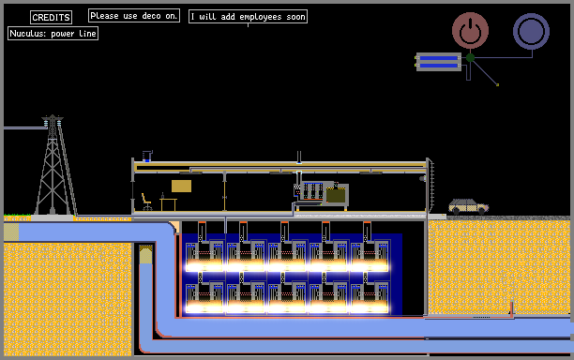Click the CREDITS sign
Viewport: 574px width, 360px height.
[51, 17]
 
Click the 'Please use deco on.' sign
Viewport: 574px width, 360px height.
[134, 16]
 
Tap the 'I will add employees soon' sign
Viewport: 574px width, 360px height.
[248, 17]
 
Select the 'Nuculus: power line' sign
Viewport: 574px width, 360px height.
[53, 34]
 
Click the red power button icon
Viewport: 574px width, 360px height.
[470, 30]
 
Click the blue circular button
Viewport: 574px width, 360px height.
[531, 32]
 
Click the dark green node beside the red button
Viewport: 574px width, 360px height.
[471, 57]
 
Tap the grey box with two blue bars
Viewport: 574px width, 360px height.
[439, 62]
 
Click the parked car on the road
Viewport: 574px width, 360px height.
[469, 206]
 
